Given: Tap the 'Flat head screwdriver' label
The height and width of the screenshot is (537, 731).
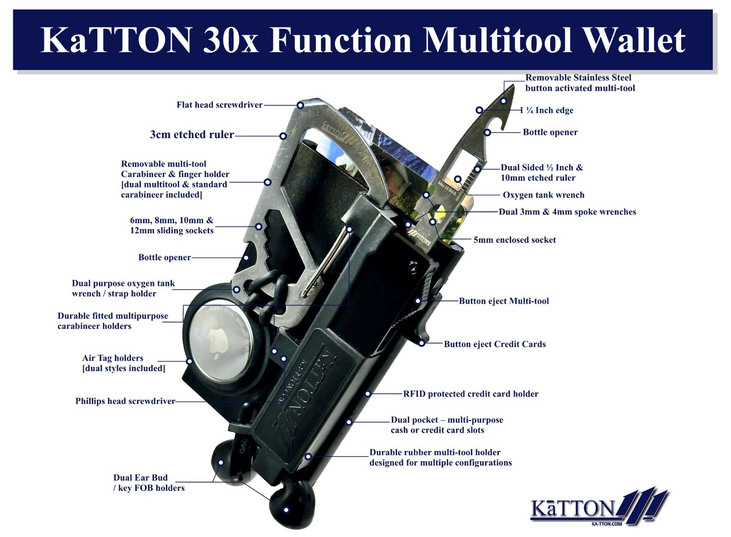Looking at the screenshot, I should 219,105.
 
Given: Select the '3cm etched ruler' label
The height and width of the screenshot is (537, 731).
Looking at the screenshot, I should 192,135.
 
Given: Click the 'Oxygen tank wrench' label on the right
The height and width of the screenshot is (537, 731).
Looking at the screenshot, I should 544,195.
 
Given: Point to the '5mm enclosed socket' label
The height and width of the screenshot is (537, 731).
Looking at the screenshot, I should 514,240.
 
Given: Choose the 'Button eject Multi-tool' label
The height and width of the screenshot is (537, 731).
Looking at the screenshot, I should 504,301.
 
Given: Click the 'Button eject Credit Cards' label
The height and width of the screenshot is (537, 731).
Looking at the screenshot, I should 495,344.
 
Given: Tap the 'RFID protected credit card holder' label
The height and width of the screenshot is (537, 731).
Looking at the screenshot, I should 470,394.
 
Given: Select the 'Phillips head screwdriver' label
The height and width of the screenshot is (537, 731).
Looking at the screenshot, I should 125,402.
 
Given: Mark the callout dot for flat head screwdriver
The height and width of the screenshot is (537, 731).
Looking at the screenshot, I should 300,105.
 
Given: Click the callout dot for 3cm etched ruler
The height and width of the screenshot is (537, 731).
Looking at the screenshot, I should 283,136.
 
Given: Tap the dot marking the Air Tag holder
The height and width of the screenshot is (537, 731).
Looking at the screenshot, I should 189,361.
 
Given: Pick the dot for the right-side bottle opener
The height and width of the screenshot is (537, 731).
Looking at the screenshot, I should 487,133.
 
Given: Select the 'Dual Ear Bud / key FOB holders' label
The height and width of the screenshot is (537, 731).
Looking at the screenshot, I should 149,483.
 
